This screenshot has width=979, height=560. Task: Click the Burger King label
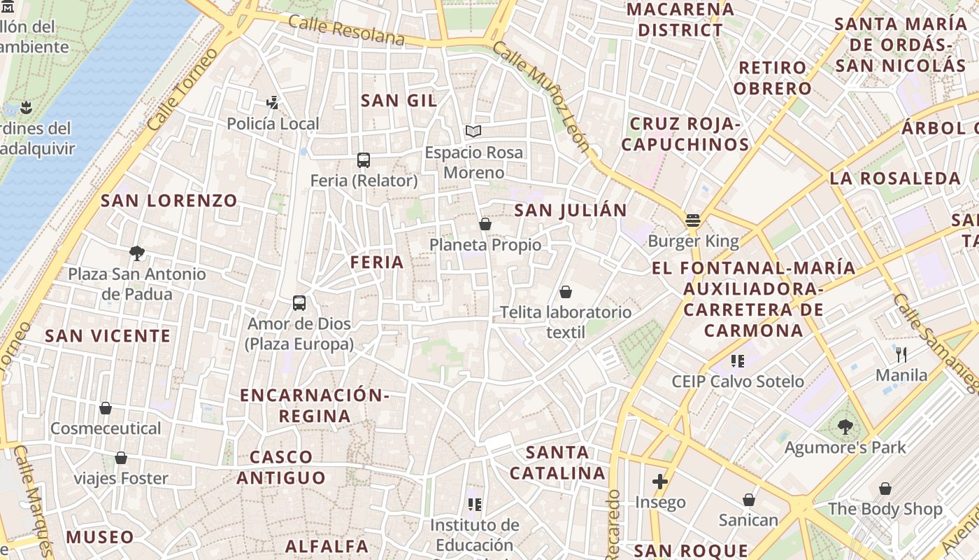[x=693, y=241]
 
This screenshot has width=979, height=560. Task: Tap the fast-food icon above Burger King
[x=693, y=220]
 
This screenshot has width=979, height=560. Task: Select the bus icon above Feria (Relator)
[x=364, y=160]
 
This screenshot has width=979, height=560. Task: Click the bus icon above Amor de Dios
[x=299, y=303]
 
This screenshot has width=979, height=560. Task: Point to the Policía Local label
[x=273, y=124]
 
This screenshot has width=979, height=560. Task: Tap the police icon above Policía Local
[x=273, y=103]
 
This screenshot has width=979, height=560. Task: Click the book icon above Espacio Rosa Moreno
[x=473, y=131]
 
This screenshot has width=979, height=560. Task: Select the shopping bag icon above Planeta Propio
[x=485, y=224]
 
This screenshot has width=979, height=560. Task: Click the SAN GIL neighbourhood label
[x=399, y=101]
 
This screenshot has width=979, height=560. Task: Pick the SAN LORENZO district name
[x=169, y=201]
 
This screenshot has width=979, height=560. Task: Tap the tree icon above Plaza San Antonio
[x=137, y=253]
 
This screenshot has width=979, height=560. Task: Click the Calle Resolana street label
[x=346, y=30]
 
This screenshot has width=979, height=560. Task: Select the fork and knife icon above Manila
[x=901, y=354]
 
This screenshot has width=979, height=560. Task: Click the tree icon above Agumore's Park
[x=845, y=426]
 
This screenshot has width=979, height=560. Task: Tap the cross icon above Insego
[x=659, y=482]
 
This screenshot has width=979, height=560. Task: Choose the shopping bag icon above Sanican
[x=748, y=500]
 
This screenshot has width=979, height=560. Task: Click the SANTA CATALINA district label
[x=557, y=463]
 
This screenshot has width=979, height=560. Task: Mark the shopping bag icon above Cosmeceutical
[x=106, y=407]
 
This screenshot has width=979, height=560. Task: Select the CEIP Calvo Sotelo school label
[x=738, y=381]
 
